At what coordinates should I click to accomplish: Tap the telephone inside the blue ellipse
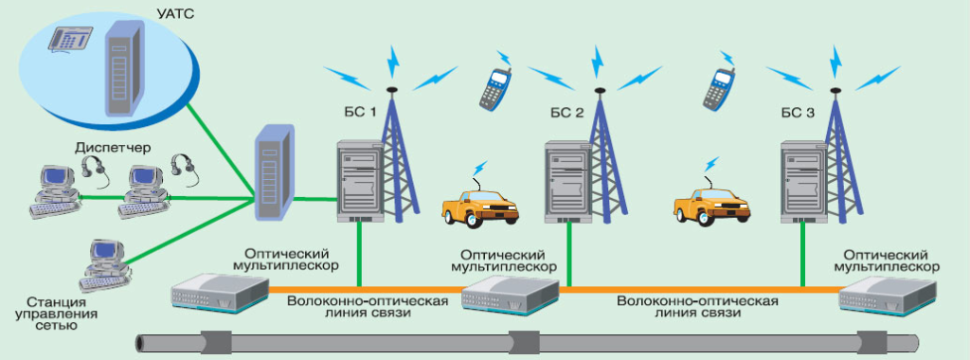click(73, 40)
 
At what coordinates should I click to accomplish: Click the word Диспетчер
click(107, 149)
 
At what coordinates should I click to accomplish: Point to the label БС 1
click(360, 112)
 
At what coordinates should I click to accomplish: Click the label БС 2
click(566, 113)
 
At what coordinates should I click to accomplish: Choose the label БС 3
click(796, 113)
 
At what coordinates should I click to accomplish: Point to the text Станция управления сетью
click(45, 313)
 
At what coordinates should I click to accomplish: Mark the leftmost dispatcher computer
click(52, 189)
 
